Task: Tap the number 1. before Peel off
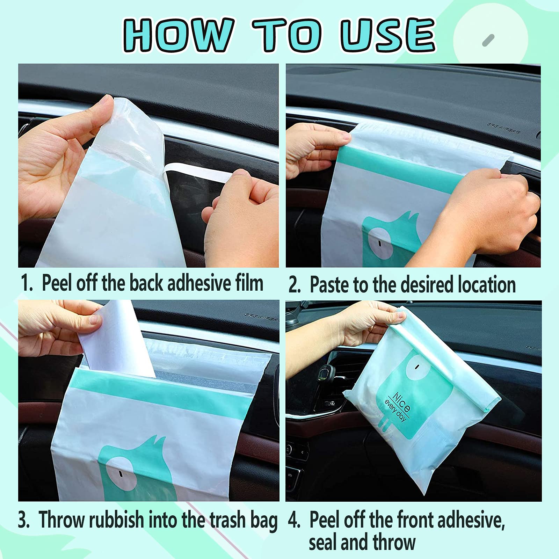point(27,283)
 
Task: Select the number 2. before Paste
point(295,285)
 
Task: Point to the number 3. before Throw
point(24,520)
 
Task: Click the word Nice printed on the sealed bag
point(402,402)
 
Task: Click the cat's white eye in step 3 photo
point(120,473)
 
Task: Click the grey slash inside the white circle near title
point(488,40)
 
